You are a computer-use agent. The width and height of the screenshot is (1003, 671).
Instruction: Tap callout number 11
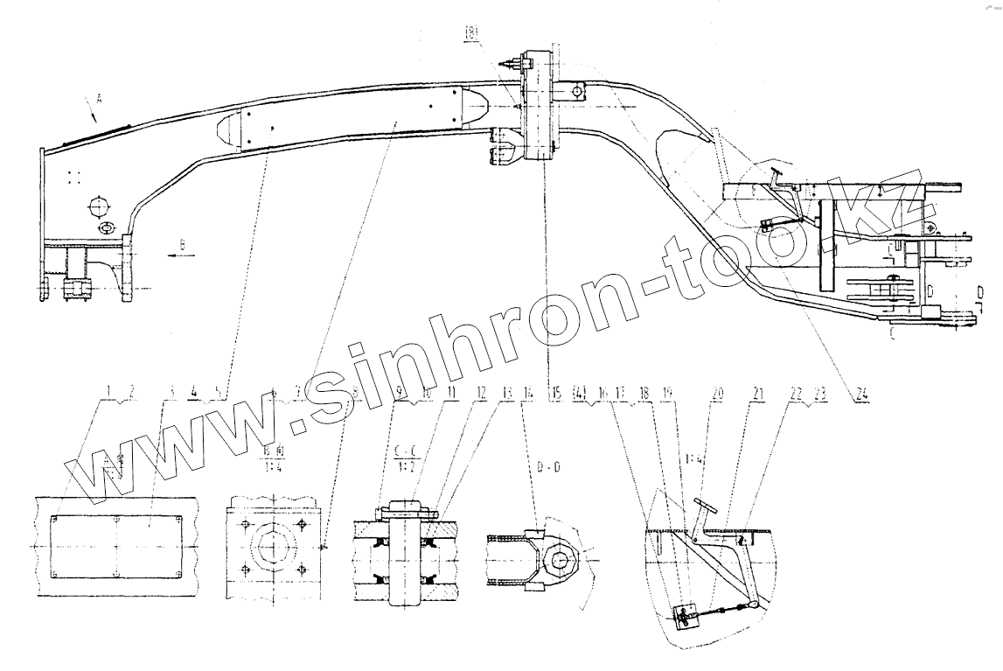pos(450,395)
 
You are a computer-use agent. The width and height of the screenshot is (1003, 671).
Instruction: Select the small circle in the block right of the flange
pos(578,89)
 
